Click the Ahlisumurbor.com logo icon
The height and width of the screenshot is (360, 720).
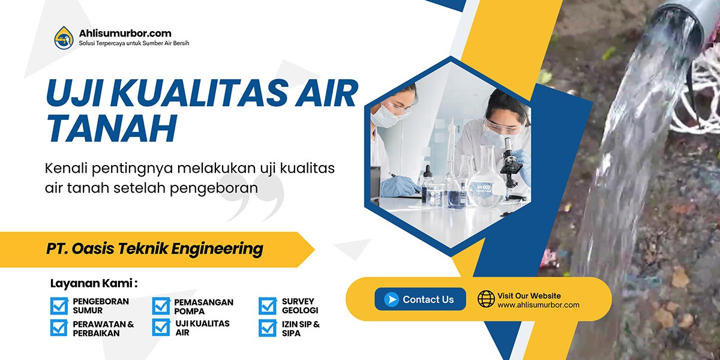coord(64,37)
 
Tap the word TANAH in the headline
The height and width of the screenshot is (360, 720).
coord(111,128)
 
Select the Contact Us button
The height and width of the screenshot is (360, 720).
coord(420,299)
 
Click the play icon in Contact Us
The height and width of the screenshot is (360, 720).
coord(391,299)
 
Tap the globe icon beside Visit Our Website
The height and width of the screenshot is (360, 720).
coord(486,299)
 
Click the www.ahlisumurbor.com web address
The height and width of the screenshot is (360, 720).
coord(538,305)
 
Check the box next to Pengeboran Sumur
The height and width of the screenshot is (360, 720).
coord(59,306)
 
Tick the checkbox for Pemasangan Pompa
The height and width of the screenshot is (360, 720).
coord(161,306)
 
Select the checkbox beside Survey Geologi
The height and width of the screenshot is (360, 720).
coord(268,306)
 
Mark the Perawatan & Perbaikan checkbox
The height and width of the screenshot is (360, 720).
coord(59,328)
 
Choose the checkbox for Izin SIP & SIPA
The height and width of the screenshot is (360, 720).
coord(268,328)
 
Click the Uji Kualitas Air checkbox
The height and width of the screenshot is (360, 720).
coord(161,328)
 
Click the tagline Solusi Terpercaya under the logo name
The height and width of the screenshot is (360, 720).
coord(134,43)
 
